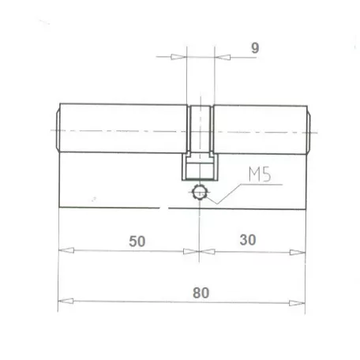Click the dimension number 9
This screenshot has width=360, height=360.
coord(255,47)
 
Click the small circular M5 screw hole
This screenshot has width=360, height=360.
coord(201,192)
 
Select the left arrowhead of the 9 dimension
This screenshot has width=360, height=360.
coord(179,57)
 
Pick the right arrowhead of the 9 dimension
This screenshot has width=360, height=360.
coord(220,57)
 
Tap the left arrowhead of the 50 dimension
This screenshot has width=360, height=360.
coord(67,252)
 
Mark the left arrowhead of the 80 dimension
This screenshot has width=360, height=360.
coord(67,302)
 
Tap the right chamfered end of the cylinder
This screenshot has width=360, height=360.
coord(309,129)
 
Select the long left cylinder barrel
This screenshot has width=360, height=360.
coord(122,129)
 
